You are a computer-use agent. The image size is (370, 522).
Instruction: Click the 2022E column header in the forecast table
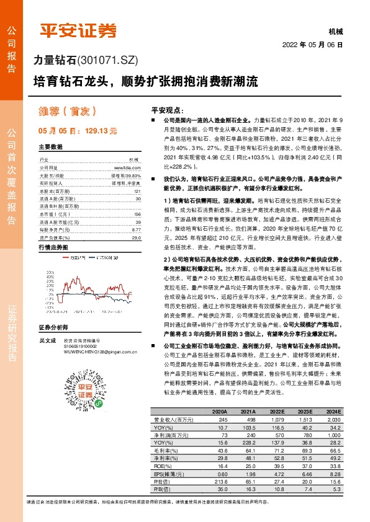(x=274, y=412)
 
